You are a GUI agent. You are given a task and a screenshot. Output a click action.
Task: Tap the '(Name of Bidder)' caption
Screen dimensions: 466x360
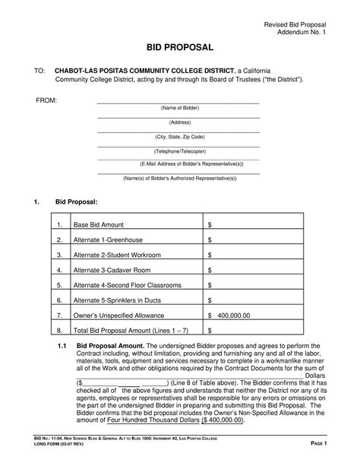coord(179,108)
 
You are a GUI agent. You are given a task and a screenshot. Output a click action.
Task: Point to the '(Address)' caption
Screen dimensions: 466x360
coord(179,122)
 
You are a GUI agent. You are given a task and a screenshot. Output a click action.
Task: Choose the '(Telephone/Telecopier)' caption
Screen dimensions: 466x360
coord(179,151)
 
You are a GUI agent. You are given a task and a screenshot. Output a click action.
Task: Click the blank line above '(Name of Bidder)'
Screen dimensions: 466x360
coord(178,102)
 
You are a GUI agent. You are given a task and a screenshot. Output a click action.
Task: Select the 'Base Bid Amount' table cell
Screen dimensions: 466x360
coord(98,226)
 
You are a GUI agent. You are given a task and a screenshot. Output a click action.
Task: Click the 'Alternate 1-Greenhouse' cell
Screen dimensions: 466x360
coord(109,240)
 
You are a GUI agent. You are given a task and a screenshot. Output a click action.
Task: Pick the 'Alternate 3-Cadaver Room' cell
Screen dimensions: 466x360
coord(112,269)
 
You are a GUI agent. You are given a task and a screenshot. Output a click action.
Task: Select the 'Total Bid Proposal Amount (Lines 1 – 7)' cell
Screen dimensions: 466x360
coord(129,331)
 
